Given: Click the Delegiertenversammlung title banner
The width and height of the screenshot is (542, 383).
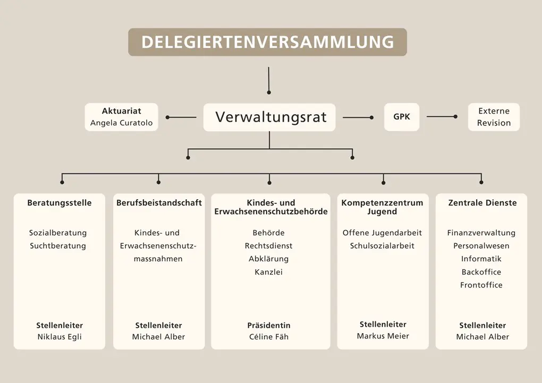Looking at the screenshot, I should (x=267, y=42).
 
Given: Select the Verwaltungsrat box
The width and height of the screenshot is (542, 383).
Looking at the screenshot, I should (x=269, y=117).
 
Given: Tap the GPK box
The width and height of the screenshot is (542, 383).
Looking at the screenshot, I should (x=402, y=117).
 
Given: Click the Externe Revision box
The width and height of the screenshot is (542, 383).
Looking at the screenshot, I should (x=494, y=117).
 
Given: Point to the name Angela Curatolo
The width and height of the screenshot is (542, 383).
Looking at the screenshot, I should (x=121, y=123).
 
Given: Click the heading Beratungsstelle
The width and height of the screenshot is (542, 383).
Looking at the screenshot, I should (x=60, y=203).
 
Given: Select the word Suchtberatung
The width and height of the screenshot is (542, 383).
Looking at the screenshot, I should (x=58, y=246).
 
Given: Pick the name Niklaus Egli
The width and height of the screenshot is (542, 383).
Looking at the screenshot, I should (x=60, y=337).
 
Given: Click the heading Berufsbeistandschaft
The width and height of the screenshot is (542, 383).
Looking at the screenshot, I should (x=159, y=203).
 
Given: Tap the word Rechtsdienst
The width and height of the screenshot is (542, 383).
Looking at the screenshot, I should (x=268, y=246).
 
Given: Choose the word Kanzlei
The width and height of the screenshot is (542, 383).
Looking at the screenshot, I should (x=268, y=272).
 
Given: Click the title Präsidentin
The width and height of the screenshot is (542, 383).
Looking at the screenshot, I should (x=269, y=326).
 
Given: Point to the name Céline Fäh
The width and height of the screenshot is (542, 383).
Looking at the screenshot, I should (x=269, y=337).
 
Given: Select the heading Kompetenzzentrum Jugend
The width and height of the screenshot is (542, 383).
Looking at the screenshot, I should (x=383, y=207).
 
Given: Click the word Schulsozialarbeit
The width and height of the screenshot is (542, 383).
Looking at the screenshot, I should (x=382, y=246).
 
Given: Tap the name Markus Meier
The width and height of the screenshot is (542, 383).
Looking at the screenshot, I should (x=383, y=336).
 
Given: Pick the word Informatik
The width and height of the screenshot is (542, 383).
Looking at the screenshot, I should (x=481, y=259).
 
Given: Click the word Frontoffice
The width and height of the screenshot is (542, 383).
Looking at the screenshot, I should (x=481, y=285).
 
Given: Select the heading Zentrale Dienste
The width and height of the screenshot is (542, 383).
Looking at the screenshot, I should (x=482, y=203).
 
